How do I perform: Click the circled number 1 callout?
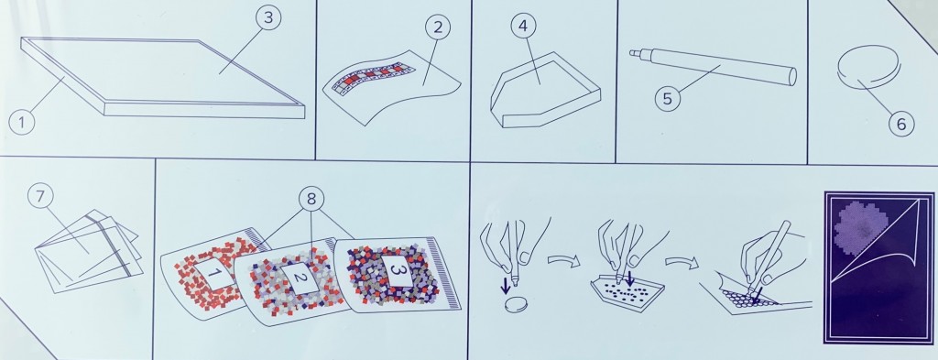[22, 123]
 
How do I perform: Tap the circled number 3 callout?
[268, 18]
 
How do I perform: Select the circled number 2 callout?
[437, 27]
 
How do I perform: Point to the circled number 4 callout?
[523, 27]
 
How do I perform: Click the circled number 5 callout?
[668, 99]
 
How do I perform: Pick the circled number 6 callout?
[901, 124]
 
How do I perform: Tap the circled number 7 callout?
[40, 197]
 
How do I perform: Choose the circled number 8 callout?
[311, 199]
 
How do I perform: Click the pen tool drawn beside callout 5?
[713, 66]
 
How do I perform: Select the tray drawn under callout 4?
[545, 90]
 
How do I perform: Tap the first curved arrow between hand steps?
[563, 260]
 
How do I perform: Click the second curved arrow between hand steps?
[682, 261]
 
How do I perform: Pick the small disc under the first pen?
[514, 305]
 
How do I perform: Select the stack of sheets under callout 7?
[90, 251]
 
